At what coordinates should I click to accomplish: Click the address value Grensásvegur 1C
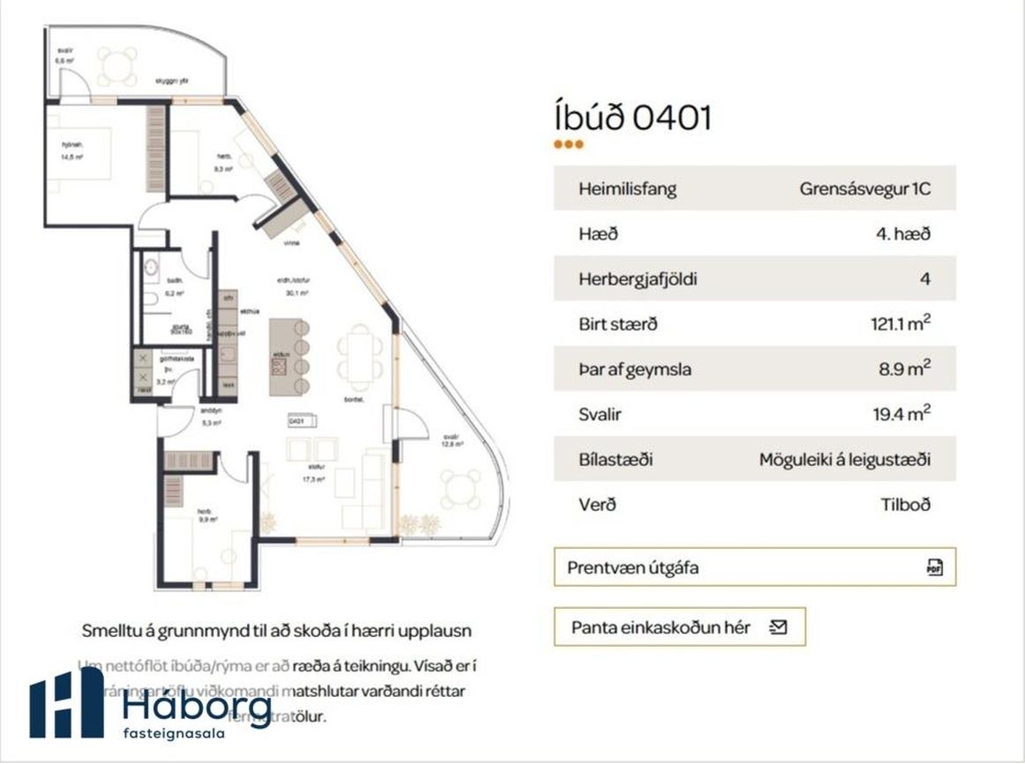click(x=864, y=189)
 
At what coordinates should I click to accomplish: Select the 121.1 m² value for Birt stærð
click(x=900, y=324)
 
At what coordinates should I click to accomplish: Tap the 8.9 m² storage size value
click(x=905, y=369)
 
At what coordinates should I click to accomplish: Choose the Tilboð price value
click(x=905, y=505)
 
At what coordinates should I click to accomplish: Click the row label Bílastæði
click(x=617, y=460)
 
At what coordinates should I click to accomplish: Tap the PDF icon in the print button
click(x=935, y=567)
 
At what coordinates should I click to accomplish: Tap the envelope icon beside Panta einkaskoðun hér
click(x=778, y=627)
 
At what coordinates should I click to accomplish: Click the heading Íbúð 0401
click(x=632, y=117)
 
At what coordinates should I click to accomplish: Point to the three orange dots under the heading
click(x=568, y=145)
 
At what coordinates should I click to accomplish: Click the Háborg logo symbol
click(x=65, y=703)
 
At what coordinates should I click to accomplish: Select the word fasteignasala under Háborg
click(x=174, y=732)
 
